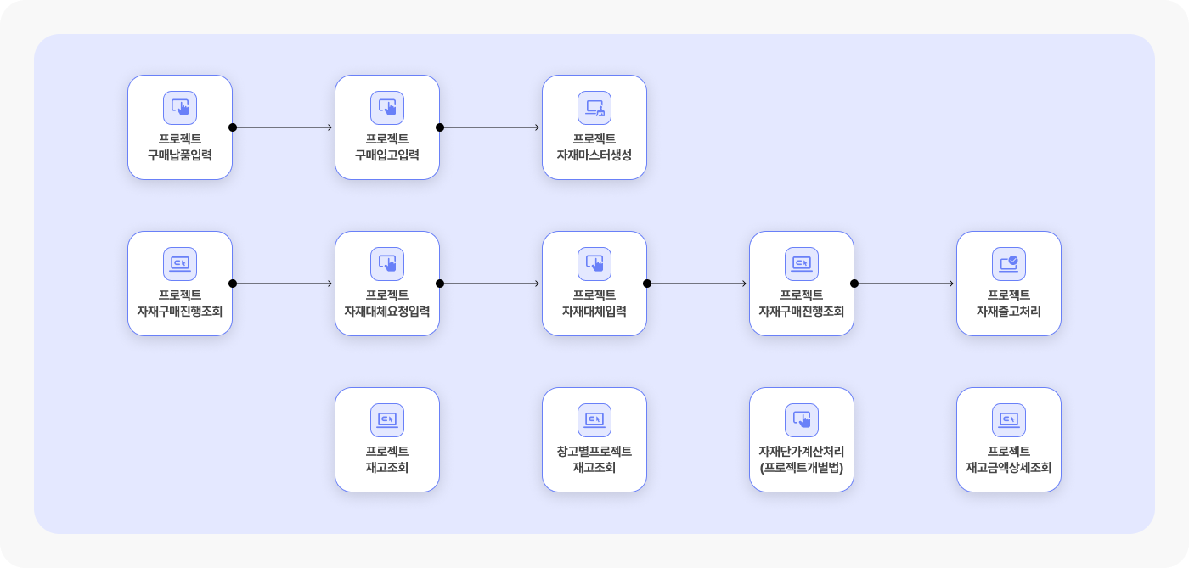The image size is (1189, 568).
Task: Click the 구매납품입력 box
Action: coord(180,127)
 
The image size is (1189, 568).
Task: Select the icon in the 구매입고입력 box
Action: coord(387,108)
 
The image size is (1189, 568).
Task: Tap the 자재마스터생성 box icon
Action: coord(594,108)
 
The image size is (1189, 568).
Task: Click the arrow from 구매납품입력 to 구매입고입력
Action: coord(282,127)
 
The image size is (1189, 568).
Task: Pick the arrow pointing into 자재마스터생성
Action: coord(489,127)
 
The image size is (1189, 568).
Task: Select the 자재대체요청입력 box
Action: coord(387,284)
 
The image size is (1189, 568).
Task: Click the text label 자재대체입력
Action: coord(594,311)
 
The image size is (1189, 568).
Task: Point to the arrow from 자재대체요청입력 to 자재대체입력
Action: coord(489,284)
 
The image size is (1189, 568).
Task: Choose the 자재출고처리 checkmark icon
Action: coord(1009,264)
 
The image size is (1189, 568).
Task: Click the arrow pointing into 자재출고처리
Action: coord(904,284)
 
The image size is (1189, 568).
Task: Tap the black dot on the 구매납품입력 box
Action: coord(233,127)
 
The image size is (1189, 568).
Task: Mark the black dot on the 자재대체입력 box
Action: coord(647,284)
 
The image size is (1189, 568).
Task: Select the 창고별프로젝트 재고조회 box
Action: coord(594,440)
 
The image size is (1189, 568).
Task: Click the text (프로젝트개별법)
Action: coord(802,468)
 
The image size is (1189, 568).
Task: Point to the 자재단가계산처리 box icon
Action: coord(802,420)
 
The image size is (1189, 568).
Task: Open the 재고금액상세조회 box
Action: coord(1009,440)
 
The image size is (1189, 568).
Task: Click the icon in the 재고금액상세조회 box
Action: coord(1009,420)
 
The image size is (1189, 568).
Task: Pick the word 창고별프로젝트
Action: coord(594,451)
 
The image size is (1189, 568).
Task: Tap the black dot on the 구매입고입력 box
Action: coord(440,127)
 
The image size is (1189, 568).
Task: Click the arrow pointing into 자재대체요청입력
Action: coord(282,284)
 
